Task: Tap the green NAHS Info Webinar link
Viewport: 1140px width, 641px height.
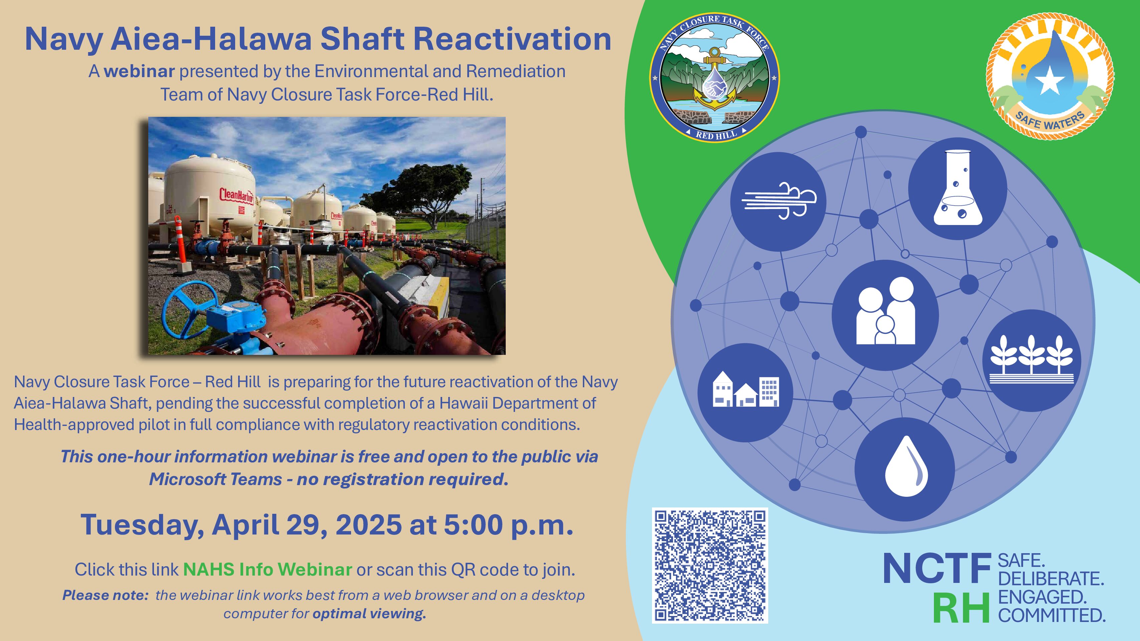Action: pyautogui.click(x=268, y=569)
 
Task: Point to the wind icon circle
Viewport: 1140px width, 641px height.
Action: pyautogui.click(x=778, y=202)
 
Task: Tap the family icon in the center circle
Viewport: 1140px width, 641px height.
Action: pyautogui.click(x=885, y=311)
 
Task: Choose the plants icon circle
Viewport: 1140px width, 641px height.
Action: pyautogui.click(x=1031, y=361)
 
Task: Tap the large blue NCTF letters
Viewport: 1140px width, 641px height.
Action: pyautogui.click(x=937, y=569)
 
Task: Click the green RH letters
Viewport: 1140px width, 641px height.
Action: pyautogui.click(x=961, y=608)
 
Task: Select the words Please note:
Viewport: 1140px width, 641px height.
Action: pyautogui.click(x=105, y=596)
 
